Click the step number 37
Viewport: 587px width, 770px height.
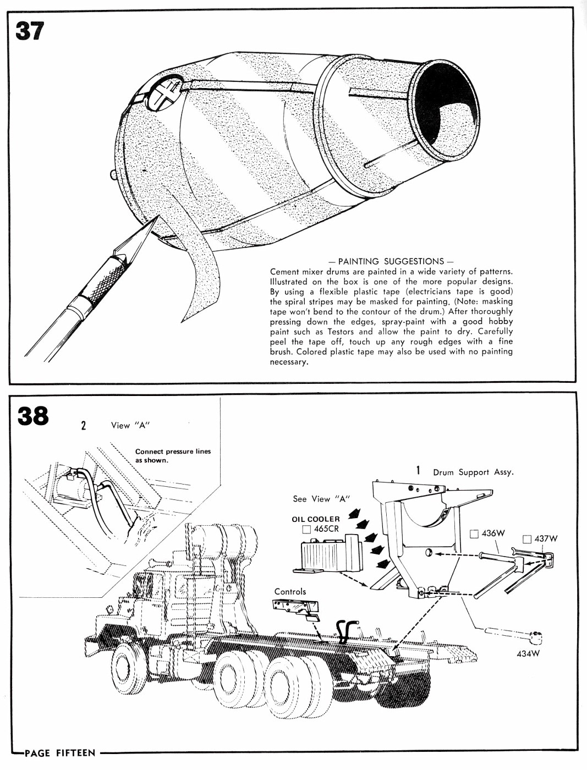tap(29, 31)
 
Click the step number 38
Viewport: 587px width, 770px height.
tap(32, 416)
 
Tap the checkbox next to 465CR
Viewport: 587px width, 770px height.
tap(306, 530)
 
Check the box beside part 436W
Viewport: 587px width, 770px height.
tap(474, 533)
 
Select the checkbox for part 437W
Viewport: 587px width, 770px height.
tap(527, 539)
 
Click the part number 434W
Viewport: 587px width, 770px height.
tap(528, 653)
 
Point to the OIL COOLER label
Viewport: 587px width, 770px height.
tap(316, 519)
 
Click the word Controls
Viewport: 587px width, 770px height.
tap(290, 592)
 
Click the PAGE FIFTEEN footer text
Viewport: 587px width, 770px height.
tap(60, 753)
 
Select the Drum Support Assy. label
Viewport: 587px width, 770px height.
tap(473, 472)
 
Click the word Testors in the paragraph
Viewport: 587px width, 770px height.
tap(342, 332)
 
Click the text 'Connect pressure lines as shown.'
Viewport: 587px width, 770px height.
tap(173, 455)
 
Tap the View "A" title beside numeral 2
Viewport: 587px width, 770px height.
tap(130, 425)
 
